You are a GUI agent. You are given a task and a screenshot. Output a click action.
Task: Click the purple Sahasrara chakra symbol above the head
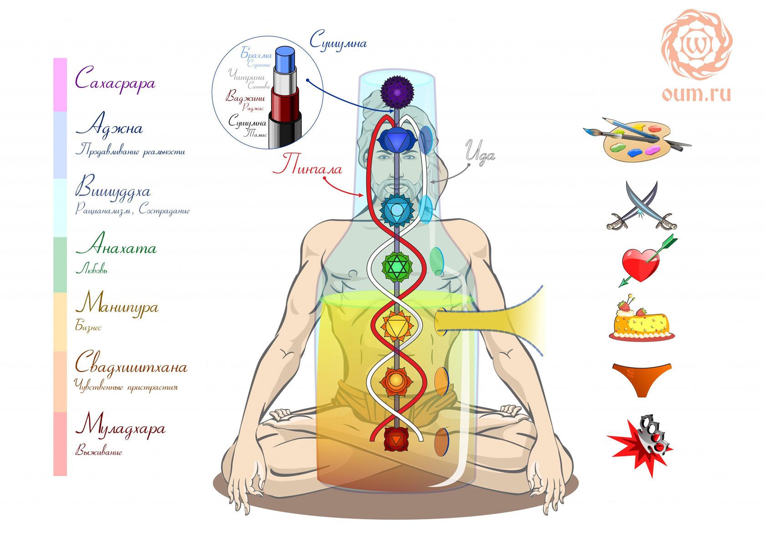(397, 92)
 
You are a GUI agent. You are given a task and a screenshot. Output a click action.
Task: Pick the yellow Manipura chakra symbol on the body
(397, 325)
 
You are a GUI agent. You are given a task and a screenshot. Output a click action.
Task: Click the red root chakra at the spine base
(397, 439)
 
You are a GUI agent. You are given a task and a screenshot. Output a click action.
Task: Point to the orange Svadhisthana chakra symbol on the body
(397, 379)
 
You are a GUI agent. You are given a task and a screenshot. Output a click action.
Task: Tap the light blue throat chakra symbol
(397, 210)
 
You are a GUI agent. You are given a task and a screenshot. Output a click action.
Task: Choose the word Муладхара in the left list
(120, 427)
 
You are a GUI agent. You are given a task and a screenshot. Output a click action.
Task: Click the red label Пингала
(307, 165)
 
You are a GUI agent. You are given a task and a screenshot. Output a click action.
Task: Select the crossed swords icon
(642, 206)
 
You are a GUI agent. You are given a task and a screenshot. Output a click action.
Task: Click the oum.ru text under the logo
(696, 94)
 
